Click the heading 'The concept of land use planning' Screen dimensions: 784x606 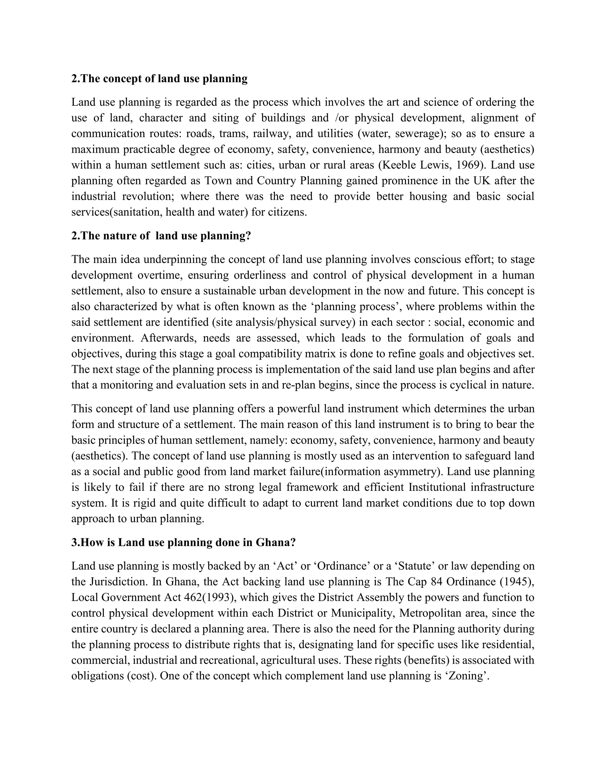click(x=159, y=79)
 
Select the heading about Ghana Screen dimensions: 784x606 click(x=183, y=542)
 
